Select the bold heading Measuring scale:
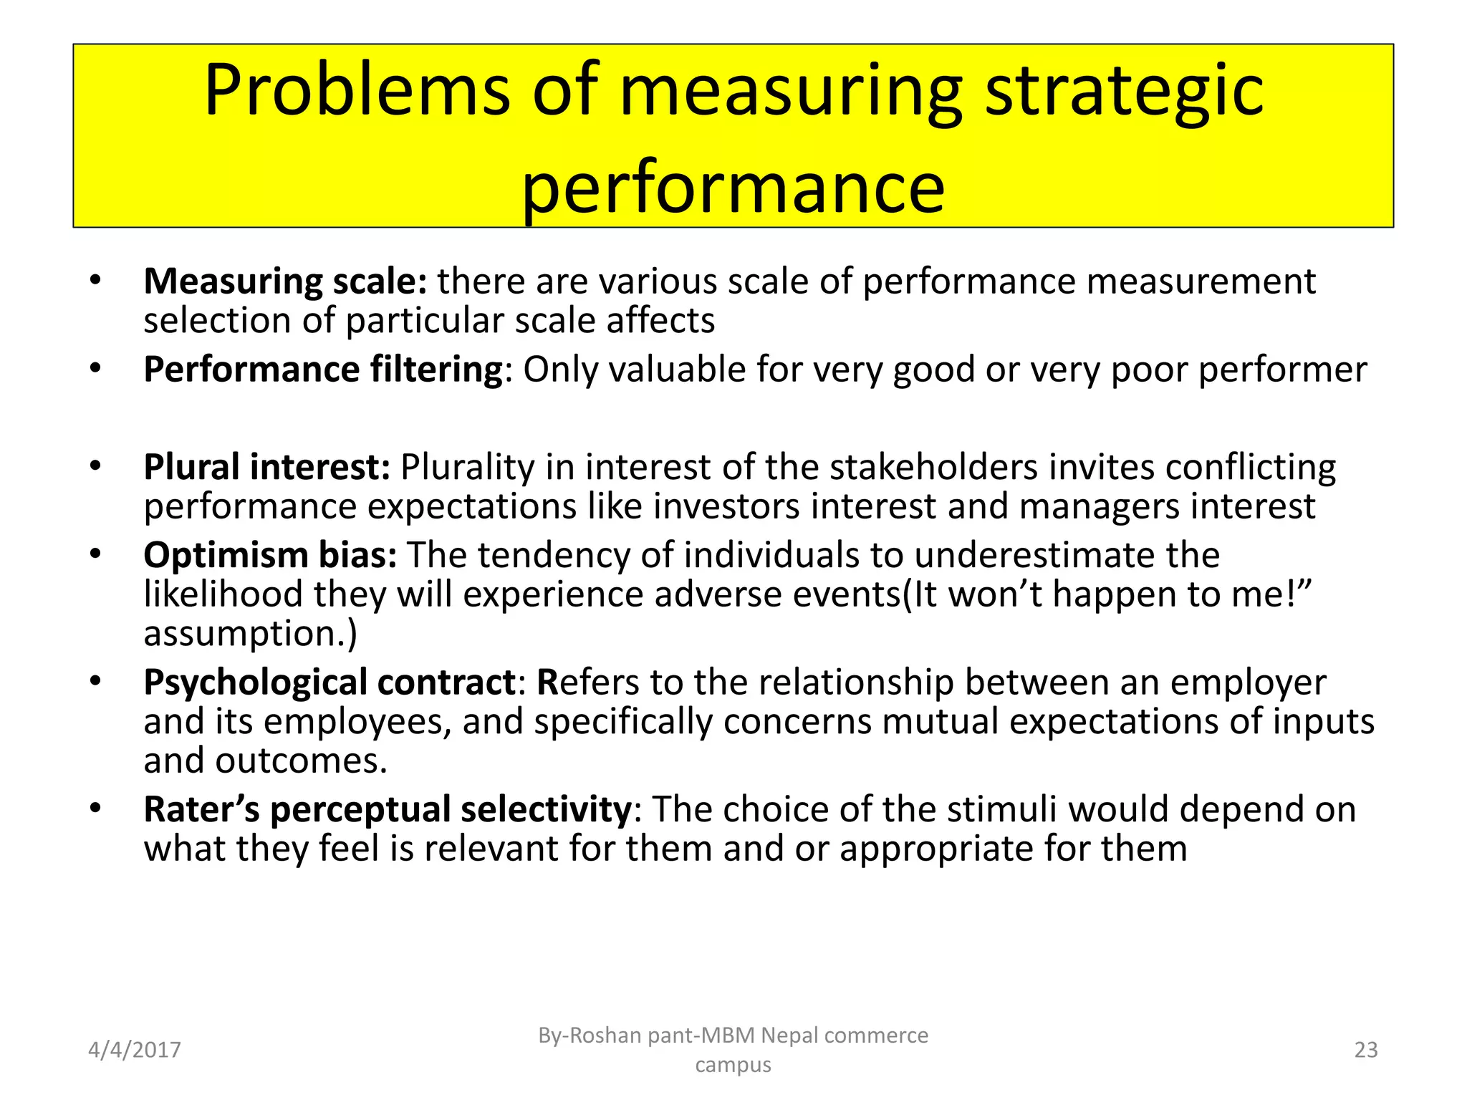pyautogui.click(x=285, y=281)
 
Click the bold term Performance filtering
pyautogui.click(x=323, y=370)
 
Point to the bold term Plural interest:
pyautogui.click(x=266, y=467)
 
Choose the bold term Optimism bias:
pyautogui.click(x=270, y=555)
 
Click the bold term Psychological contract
pyautogui.click(x=329, y=682)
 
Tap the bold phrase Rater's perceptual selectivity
pyautogui.click(x=388, y=810)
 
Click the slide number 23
pyautogui.click(x=1365, y=1050)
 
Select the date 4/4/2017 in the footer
pyautogui.click(x=134, y=1050)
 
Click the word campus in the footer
pyautogui.click(x=733, y=1065)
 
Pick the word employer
pyautogui.click(x=1248, y=682)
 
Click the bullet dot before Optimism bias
pyautogui.click(x=95, y=554)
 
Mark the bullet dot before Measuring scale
pyautogui.click(x=95, y=280)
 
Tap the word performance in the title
pyautogui.click(x=733, y=188)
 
